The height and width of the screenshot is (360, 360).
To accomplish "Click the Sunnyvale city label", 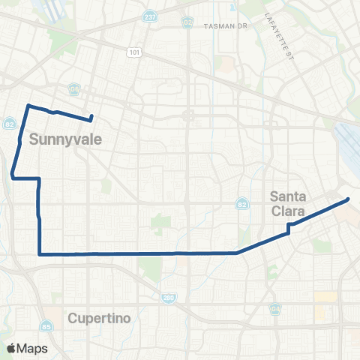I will [61, 139].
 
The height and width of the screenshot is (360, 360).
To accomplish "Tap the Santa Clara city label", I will [288, 204].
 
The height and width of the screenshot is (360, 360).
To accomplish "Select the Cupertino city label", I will [99, 318].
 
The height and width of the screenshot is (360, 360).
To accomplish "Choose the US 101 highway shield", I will [133, 52].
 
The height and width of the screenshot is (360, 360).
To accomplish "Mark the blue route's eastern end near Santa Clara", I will [348, 199].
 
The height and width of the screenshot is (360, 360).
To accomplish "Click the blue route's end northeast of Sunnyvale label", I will [91, 116].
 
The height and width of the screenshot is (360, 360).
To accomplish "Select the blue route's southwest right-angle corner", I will [39, 253].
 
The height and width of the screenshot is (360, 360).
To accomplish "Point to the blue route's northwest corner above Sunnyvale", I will [28, 106].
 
